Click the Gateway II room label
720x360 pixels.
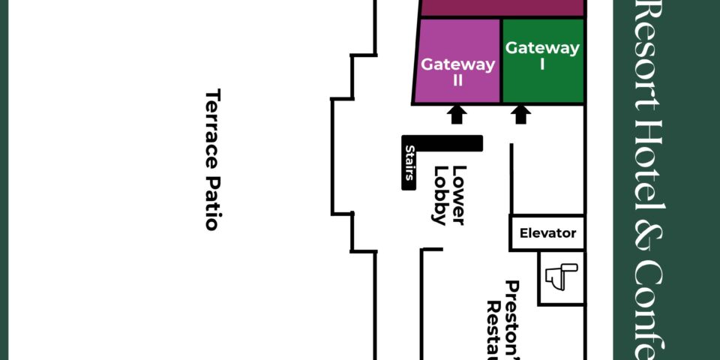pos(457,71)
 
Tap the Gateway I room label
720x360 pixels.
pos(542,55)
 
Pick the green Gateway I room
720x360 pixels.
pos(542,82)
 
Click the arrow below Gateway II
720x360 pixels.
pos(457,114)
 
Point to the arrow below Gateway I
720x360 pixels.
pos(522,114)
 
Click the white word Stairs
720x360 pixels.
pos(409,163)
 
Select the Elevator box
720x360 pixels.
pos(547,232)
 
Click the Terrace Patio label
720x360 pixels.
pos(213,159)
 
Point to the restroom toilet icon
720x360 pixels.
pos(561,277)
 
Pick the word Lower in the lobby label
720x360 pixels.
pos(459,195)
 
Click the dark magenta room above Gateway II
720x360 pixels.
pos(502,7)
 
